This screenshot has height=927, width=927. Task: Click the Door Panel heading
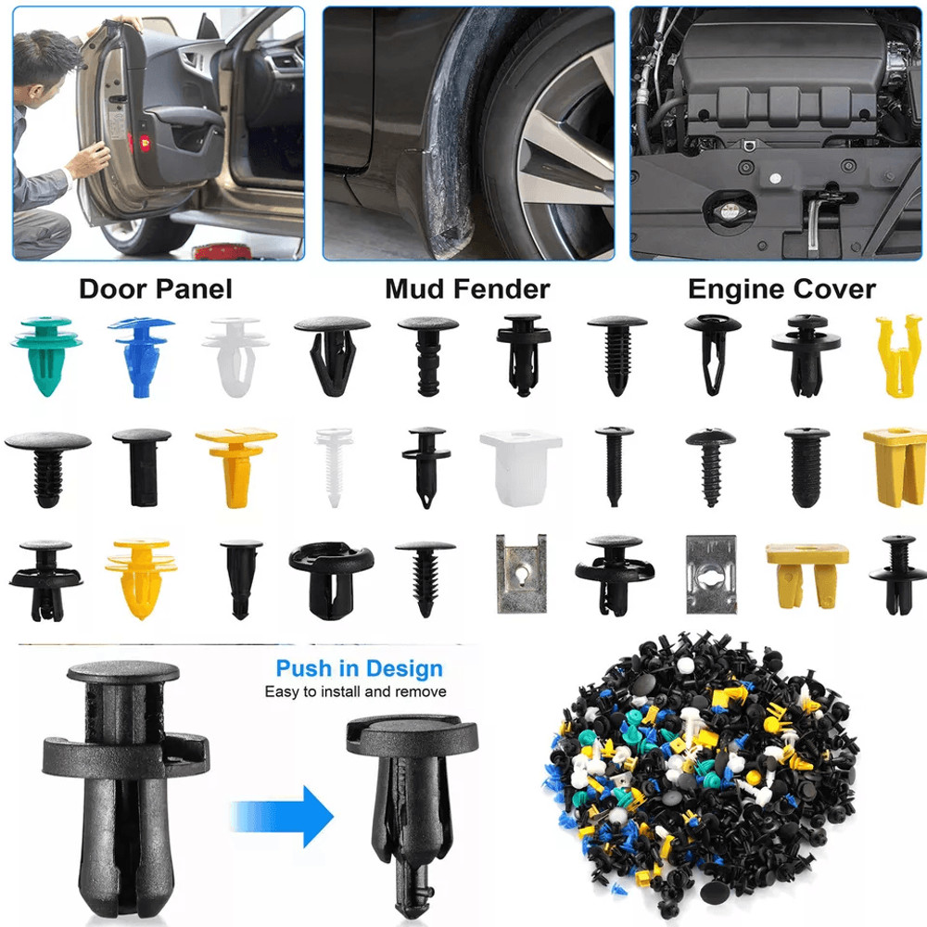click(x=155, y=289)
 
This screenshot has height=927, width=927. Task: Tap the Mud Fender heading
click(x=467, y=289)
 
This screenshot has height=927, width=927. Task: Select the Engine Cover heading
click(x=781, y=289)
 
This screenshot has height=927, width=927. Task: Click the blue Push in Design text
click(x=359, y=668)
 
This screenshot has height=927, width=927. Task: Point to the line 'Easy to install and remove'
click(x=355, y=692)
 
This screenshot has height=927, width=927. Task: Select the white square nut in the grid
click(x=520, y=466)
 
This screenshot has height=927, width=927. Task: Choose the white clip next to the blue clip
click(x=235, y=355)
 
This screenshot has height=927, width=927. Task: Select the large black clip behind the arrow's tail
click(x=120, y=788)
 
